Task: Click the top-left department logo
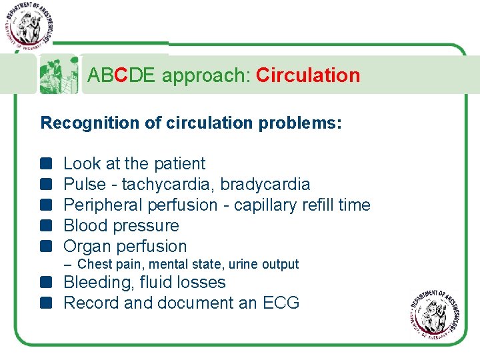[x=29, y=25]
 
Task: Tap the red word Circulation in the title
[x=307, y=75]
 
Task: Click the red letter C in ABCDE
[x=121, y=75]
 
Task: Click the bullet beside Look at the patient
[x=45, y=163]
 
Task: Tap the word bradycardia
[x=265, y=184]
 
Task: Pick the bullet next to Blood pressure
[x=45, y=225]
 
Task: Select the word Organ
[x=87, y=246]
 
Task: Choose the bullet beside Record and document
[x=45, y=303]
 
